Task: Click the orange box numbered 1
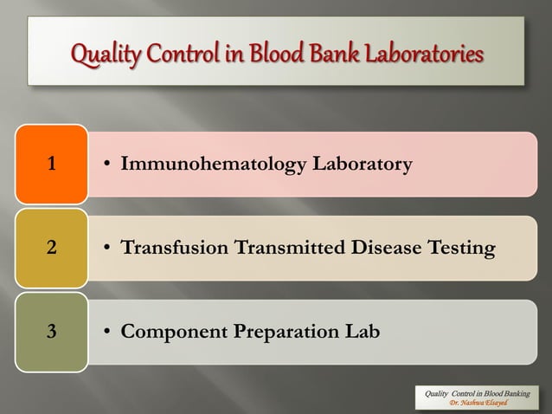click(x=52, y=163)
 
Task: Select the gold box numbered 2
click(x=52, y=248)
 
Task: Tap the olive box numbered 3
click(x=52, y=332)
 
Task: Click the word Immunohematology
click(x=206, y=163)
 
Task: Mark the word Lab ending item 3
click(x=361, y=333)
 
